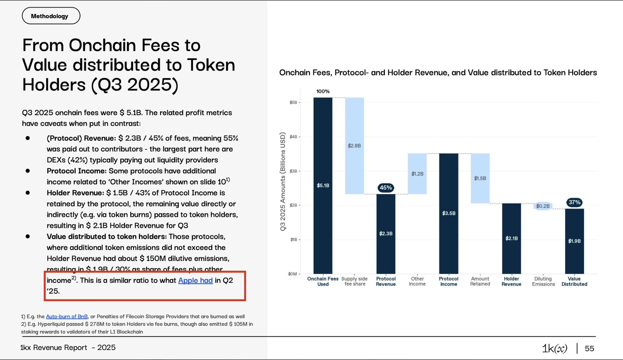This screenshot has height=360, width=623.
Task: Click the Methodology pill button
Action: (x=51, y=16)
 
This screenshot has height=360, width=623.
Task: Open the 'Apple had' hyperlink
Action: (x=195, y=280)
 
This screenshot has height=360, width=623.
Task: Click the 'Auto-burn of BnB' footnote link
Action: (x=67, y=316)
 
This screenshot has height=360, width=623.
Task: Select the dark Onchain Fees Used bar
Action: (x=323, y=185)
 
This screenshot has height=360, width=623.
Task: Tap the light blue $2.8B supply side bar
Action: (x=354, y=146)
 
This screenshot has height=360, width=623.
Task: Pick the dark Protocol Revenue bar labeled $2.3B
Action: (x=386, y=234)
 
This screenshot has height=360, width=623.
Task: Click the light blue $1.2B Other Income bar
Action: (x=417, y=174)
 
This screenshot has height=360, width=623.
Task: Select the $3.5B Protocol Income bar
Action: (x=449, y=213)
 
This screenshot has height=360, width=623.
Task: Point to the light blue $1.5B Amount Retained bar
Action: (x=480, y=178)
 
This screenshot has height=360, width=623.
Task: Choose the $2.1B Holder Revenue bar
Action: (x=511, y=238)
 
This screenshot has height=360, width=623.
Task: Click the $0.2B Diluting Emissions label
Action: (x=543, y=206)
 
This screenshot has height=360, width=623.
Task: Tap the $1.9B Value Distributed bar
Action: (x=574, y=241)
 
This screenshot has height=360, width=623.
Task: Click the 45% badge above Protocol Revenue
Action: (x=386, y=188)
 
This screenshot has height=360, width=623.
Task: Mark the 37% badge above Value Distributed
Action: (x=574, y=202)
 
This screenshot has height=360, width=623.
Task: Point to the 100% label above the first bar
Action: (x=323, y=91)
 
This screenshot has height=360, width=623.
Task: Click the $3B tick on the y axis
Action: (x=293, y=171)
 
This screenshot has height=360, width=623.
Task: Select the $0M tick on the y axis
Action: (x=293, y=274)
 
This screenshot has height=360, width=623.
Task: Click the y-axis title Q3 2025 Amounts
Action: (x=283, y=182)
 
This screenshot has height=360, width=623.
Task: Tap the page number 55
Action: (x=589, y=348)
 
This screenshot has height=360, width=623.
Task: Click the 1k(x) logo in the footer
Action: (x=555, y=348)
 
